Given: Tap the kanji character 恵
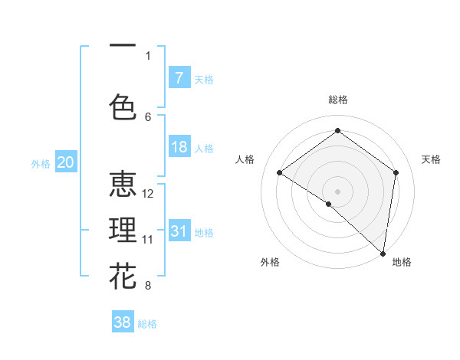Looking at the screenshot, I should (123, 185).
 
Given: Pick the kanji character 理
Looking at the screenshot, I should (123, 231).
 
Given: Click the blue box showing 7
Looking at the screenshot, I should (179, 77).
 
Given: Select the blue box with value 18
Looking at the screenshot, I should (179, 147).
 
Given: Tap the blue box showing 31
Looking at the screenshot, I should (179, 231).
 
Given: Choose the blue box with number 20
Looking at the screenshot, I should (66, 162).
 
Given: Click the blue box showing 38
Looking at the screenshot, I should (123, 322).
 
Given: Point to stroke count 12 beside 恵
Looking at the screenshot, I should (149, 194).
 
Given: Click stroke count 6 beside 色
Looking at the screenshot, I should (148, 116).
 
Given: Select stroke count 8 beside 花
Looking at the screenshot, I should (148, 286).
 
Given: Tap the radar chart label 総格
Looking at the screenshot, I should (337, 100).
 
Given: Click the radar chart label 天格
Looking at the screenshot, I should (431, 159).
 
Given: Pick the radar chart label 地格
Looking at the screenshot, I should (402, 262).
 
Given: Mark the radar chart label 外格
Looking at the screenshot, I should (270, 262).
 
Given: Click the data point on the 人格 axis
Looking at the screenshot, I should (280, 172).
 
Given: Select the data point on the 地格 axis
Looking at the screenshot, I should (383, 253).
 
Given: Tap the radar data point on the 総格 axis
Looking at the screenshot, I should (337, 131).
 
